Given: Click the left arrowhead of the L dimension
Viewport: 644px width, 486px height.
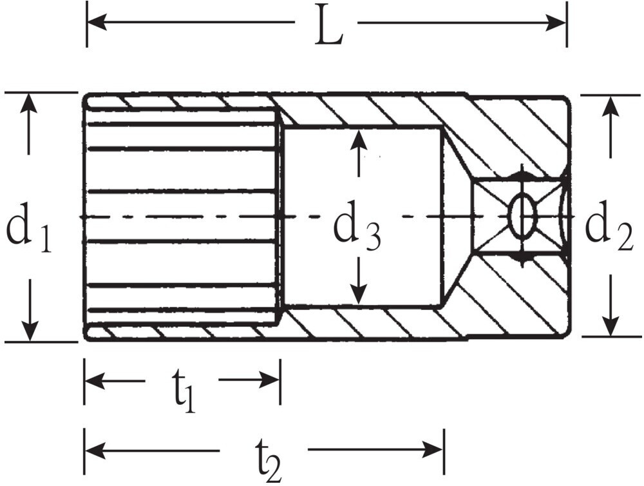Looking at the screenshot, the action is click(97, 22).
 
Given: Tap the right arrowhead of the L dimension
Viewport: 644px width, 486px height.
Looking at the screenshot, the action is click(556, 22).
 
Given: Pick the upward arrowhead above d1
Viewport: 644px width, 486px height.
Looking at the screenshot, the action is click(28, 103).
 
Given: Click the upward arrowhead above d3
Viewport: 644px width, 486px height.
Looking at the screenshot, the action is click(359, 140).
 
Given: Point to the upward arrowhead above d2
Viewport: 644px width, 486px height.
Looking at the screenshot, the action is click(611, 106).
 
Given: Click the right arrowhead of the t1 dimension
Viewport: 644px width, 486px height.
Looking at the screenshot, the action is click(269, 380).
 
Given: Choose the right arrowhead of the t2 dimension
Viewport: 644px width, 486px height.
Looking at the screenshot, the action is click(433, 450).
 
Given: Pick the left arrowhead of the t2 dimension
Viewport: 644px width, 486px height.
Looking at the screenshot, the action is click(95, 450).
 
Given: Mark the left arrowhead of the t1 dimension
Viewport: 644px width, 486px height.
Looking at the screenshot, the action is click(95, 380).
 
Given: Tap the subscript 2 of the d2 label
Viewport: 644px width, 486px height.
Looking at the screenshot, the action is click(624, 239).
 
